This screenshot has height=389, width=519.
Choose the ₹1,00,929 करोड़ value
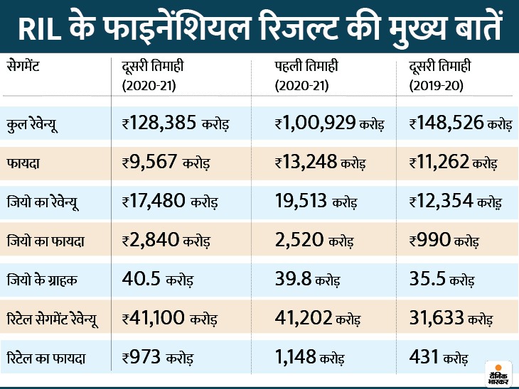click(x=329, y=124)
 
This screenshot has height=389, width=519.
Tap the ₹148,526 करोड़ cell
click(x=461, y=124)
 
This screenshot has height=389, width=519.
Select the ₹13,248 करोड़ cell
click(x=321, y=162)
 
